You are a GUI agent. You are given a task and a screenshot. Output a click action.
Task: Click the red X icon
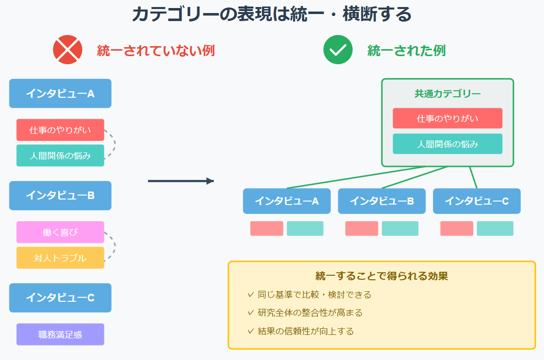67,50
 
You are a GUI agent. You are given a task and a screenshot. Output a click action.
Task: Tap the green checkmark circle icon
338,50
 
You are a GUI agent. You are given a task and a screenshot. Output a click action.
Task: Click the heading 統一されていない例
156,51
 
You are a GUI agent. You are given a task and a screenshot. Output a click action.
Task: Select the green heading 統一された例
406,51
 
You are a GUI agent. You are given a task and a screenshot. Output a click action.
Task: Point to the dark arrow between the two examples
181,181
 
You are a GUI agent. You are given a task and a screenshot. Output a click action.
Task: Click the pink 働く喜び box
60,232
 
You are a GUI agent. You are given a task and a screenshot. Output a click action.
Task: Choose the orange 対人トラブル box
60,258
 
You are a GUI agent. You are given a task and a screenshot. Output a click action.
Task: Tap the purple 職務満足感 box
60,334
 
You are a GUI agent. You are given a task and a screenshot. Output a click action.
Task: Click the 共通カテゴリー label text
447,94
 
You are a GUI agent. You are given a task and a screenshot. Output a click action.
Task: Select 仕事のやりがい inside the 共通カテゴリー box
447,118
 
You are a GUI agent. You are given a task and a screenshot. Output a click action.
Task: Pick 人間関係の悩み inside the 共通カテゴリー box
447,144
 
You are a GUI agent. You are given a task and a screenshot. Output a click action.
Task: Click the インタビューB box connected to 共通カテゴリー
381,201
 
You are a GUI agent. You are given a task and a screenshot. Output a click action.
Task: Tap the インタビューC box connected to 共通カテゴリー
476,201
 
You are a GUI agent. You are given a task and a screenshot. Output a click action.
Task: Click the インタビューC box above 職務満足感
60,298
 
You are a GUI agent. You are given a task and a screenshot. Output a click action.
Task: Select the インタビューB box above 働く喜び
60,196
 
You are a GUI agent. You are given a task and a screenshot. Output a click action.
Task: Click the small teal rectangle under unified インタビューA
305,229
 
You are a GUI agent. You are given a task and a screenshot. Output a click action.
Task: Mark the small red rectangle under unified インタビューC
457,229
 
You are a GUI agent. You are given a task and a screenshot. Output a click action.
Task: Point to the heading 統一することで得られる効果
381,276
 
